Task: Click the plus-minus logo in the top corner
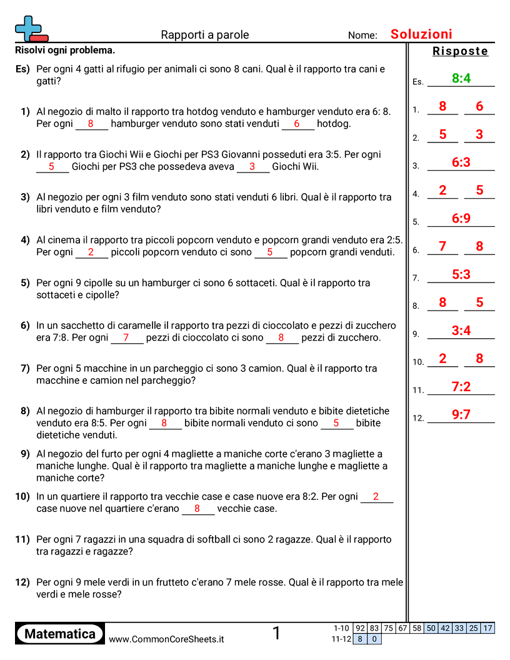click(31, 29)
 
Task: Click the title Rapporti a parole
click(204, 35)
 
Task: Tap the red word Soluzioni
click(421, 34)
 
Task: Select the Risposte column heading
click(460, 51)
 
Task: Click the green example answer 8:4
click(461, 78)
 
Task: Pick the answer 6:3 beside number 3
click(461, 162)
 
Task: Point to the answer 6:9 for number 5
click(461, 219)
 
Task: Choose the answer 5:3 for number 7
click(461, 274)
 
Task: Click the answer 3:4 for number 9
click(461, 331)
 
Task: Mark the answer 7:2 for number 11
click(461, 387)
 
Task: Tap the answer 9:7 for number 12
click(461, 414)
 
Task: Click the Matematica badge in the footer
click(60, 634)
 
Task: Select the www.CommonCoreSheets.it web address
click(166, 639)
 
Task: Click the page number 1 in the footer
click(276, 634)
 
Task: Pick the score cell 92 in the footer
click(360, 628)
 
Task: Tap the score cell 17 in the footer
click(487, 628)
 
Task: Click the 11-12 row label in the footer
click(341, 639)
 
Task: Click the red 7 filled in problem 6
click(126, 337)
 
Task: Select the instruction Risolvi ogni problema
click(65, 51)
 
